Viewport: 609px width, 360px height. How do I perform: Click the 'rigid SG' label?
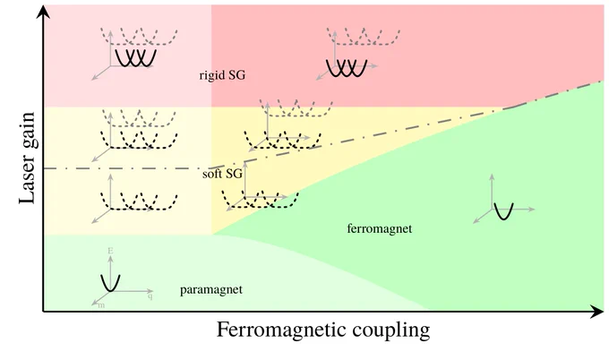(x=222, y=76)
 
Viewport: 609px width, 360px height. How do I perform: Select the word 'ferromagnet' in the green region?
(x=378, y=229)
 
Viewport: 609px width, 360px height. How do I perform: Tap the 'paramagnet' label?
(x=211, y=289)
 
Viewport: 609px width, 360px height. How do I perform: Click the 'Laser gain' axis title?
(x=26, y=158)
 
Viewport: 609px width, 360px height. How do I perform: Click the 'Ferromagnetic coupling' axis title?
(x=323, y=330)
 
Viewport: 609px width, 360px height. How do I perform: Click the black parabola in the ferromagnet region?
(x=502, y=211)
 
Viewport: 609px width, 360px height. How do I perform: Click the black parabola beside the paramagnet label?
(x=109, y=281)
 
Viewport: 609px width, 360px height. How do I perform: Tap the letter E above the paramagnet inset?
(x=109, y=250)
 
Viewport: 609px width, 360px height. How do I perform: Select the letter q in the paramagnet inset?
(x=150, y=295)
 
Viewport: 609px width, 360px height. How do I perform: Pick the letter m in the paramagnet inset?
(x=102, y=305)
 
